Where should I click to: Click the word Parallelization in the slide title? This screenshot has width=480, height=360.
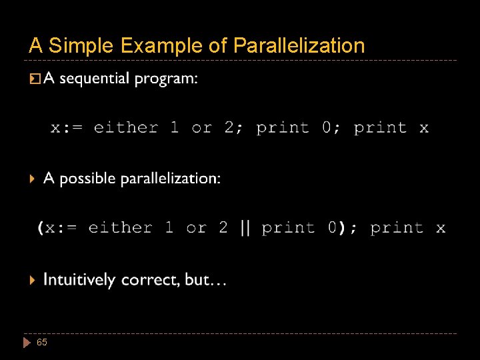[299, 46]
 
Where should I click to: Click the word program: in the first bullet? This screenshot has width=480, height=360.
[166, 80]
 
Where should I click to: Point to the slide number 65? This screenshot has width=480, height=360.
[42, 342]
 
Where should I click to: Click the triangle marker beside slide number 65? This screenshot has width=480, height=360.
[27, 343]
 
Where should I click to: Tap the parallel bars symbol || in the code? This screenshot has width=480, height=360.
[245, 228]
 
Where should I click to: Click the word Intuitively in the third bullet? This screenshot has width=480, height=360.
[79, 281]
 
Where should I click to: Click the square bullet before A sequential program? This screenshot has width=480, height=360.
[34, 80]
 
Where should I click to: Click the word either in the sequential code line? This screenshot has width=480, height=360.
[125, 127]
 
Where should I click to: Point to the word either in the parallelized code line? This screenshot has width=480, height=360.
[120, 228]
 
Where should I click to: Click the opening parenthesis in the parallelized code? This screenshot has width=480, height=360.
[41, 229]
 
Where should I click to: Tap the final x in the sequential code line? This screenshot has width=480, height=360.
[424, 127]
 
